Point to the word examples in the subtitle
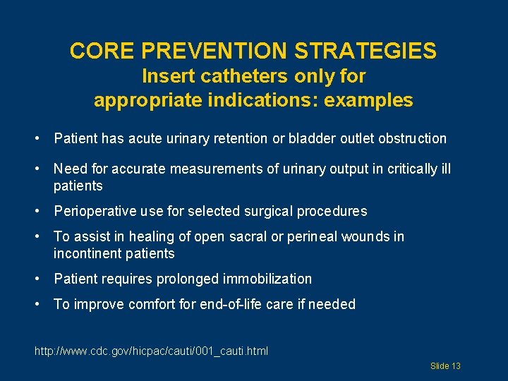tap(368, 100)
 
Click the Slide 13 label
tap(445, 365)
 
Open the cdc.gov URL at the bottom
tap(151, 351)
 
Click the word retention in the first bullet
tap(242, 138)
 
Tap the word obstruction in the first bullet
tap(412, 138)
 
